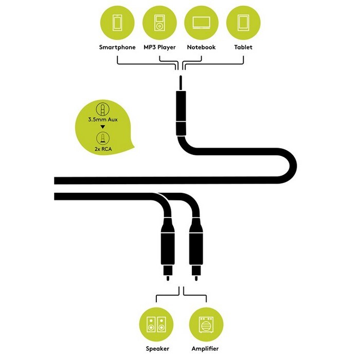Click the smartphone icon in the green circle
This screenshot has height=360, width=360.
click(x=117, y=23)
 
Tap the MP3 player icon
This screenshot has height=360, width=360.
click(x=159, y=23)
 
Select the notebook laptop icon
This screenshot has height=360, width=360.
click(x=202, y=23)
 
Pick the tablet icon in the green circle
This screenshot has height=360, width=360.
click(x=243, y=23)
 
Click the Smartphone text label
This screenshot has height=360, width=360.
click(x=117, y=47)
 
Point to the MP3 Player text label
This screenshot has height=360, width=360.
click(x=159, y=47)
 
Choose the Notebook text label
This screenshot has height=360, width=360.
click(x=202, y=47)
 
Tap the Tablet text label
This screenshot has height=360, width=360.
click(x=243, y=47)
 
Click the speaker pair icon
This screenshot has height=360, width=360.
click(x=156, y=325)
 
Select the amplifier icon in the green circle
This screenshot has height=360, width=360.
click(x=206, y=325)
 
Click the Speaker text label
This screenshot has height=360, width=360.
click(x=157, y=349)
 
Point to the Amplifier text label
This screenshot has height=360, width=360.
click(x=205, y=349)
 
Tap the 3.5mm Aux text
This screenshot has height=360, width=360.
click(x=103, y=120)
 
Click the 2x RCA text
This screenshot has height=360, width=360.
click(x=103, y=149)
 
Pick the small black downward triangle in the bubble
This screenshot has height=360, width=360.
click(x=103, y=127)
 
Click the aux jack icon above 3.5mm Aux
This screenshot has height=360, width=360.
click(x=103, y=109)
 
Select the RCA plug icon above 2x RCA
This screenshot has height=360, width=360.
click(x=103, y=138)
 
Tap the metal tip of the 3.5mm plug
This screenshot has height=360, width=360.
click(x=181, y=83)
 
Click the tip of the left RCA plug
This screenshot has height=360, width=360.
click(x=168, y=278)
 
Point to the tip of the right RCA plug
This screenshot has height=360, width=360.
click(x=196, y=278)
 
